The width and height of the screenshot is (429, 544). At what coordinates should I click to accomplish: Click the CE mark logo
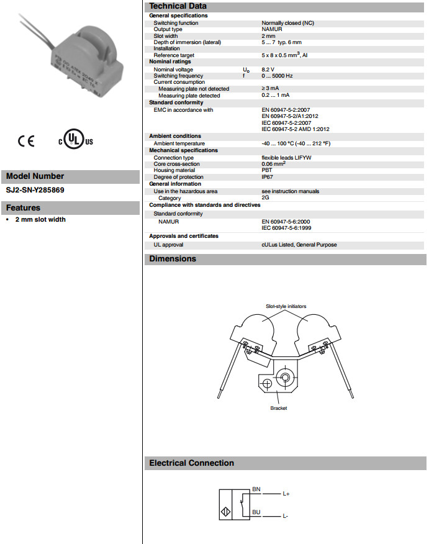pyautogui.click(x=26, y=141)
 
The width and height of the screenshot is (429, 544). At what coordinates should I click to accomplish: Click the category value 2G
pyautogui.click(x=266, y=198)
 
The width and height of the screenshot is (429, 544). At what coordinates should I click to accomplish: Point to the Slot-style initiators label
pyautogui.click(x=286, y=306)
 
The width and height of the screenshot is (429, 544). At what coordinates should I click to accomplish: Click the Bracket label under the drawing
pyautogui.click(x=279, y=408)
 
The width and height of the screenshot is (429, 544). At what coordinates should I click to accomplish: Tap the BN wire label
pyautogui.click(x=256, y=490)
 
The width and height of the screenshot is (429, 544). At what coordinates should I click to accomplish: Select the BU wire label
pyautogui.click(x=256, y=512)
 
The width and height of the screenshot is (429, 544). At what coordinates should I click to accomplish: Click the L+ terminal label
pyautogui.click(x=286, y=494)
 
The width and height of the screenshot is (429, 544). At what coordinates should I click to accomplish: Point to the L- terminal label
pyautogui.click(x=286, y=516)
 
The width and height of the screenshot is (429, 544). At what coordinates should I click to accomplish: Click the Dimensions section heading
pyautogui.click(x=173, y=259)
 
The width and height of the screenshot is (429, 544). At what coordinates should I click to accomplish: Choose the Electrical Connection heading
pyautogui.click(x=191, y=463)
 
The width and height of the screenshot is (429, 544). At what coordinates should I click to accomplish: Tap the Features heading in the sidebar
pyautogui.click(x=23, y=208)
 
